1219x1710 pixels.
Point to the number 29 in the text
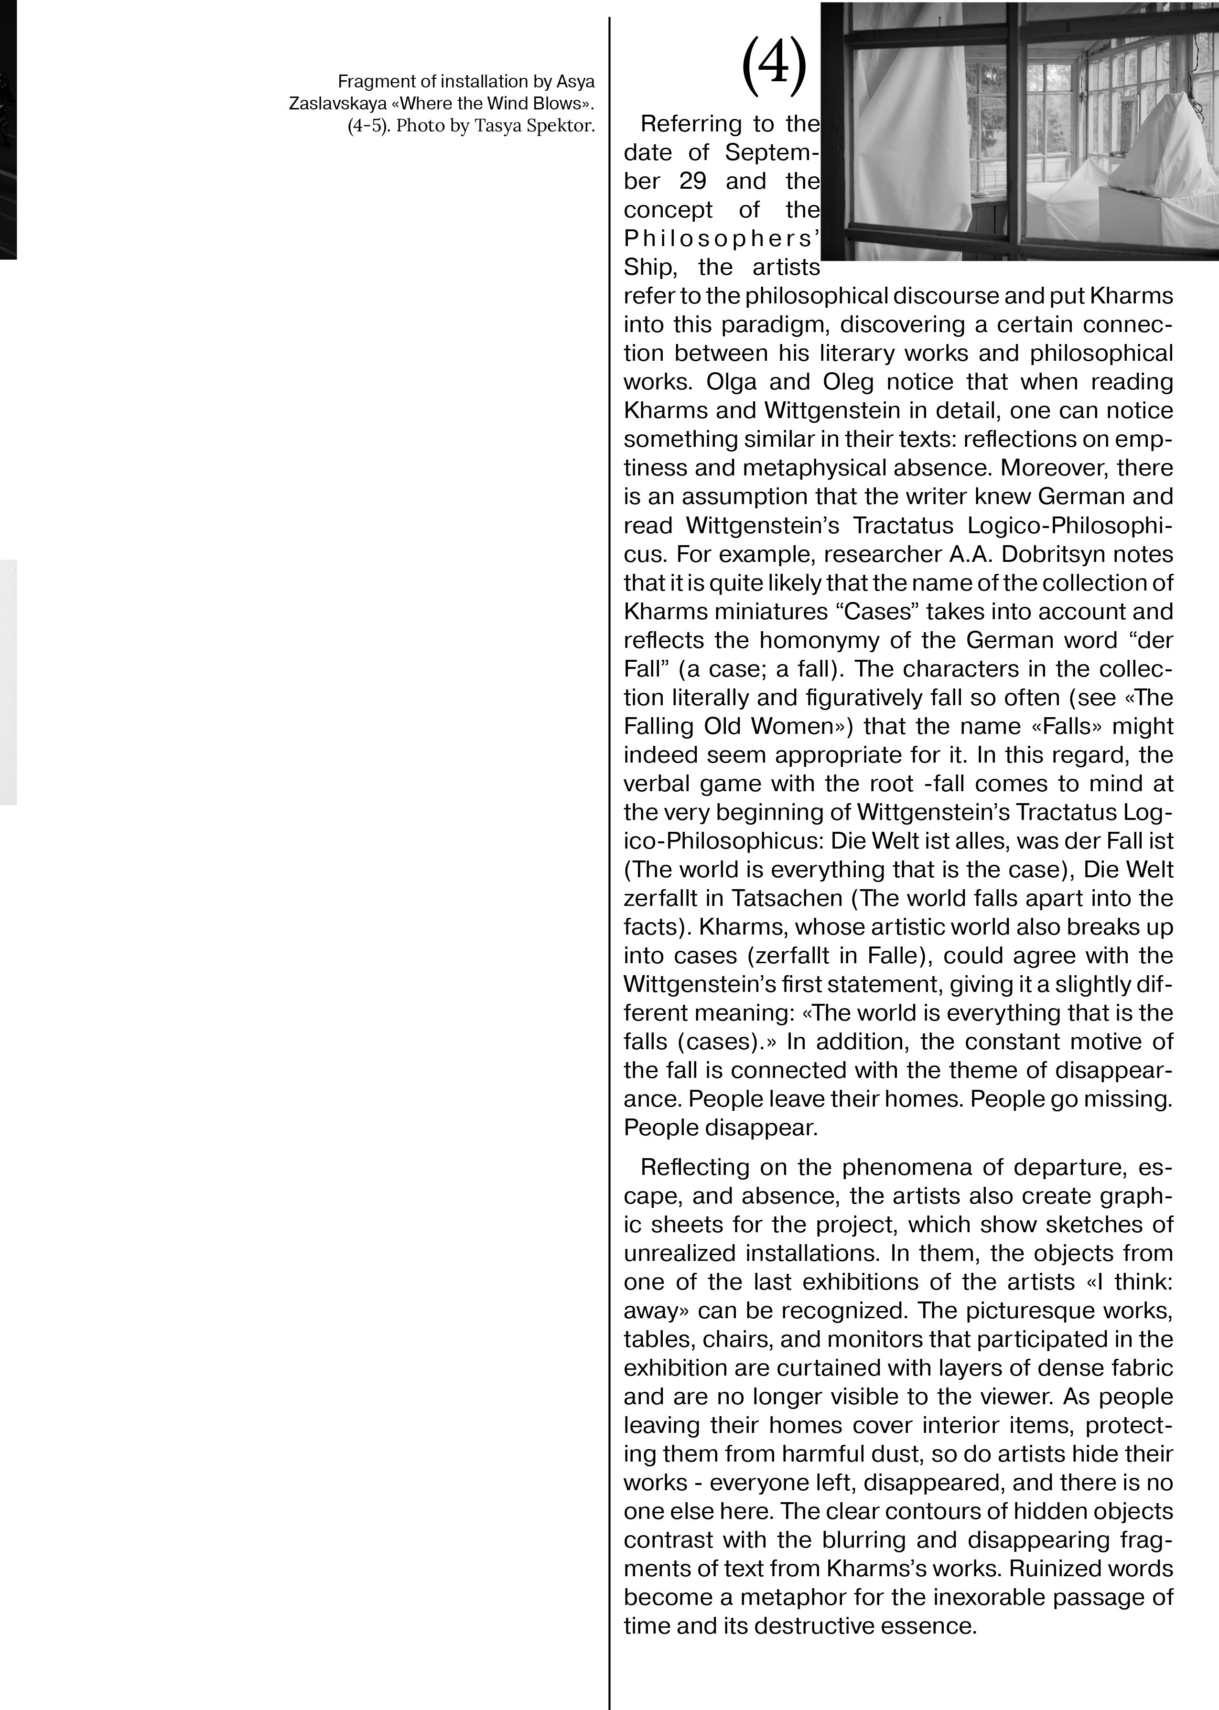(x=693, y=182)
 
